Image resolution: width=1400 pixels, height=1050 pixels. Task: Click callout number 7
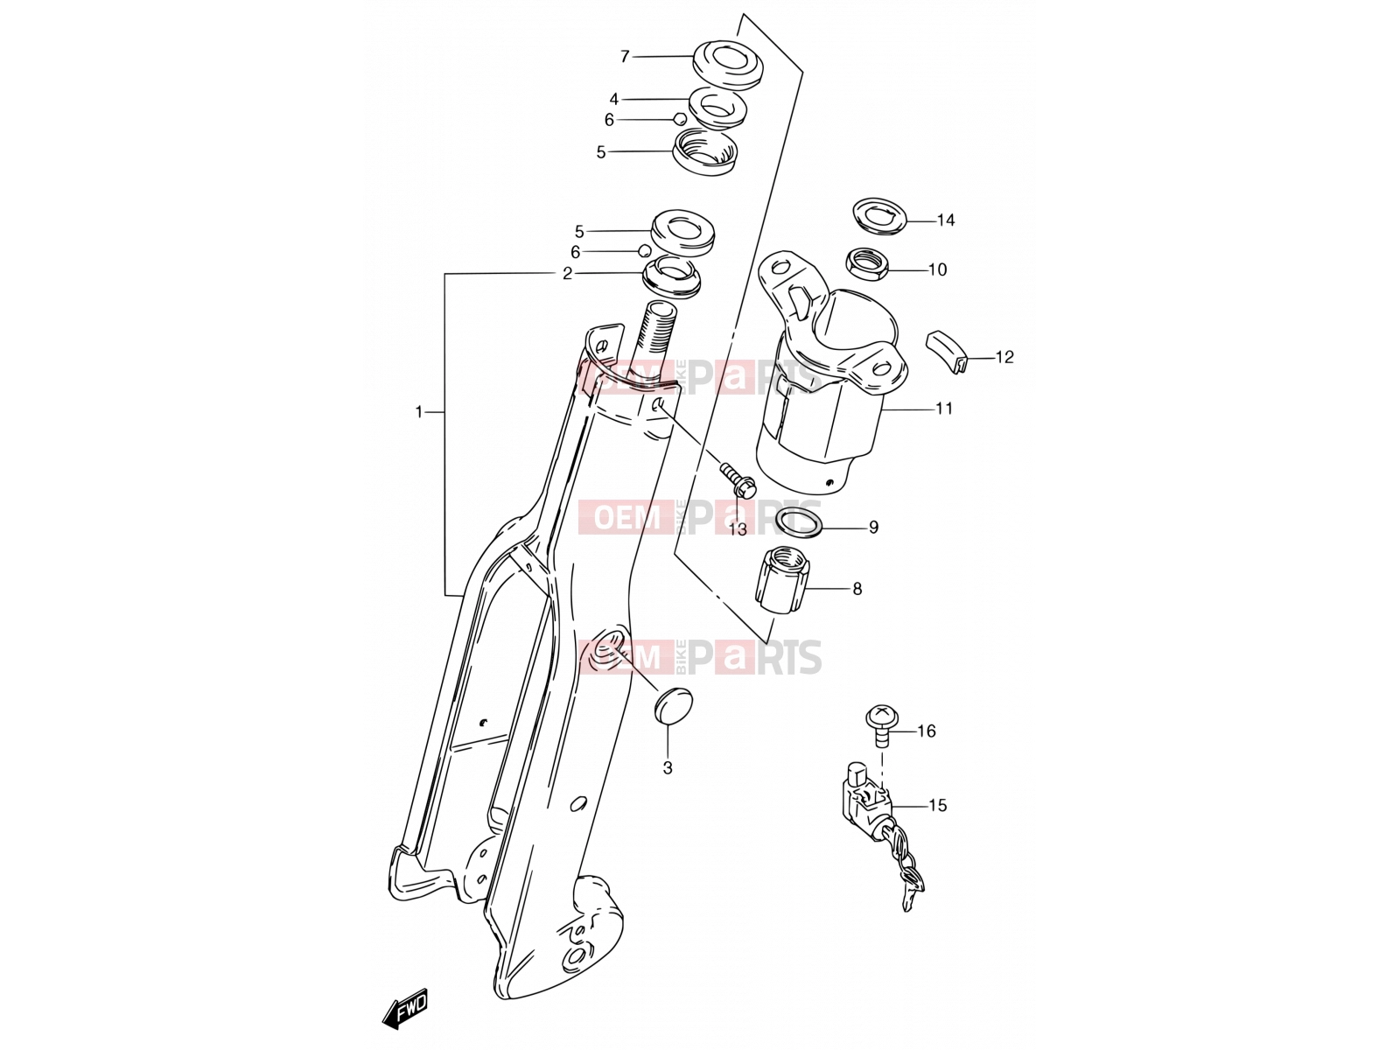point(625,57)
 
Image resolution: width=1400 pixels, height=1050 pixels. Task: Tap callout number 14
point(945,220)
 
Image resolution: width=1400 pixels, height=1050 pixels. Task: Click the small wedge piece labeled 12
point(947,351)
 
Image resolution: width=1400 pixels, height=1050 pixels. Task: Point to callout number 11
point(944,408)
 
